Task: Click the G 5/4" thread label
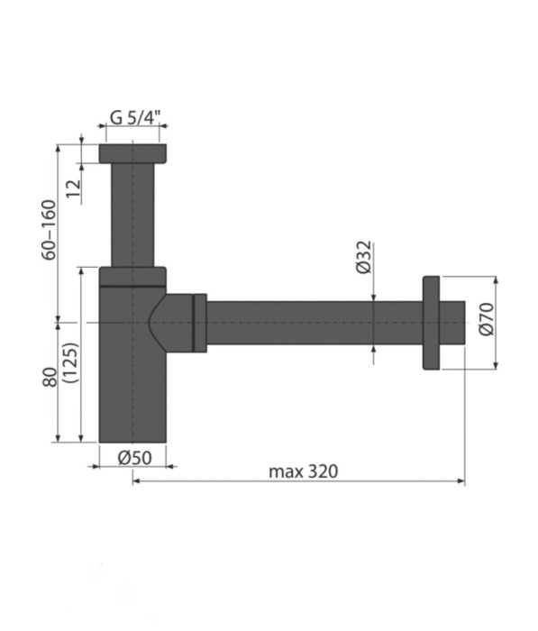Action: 135,117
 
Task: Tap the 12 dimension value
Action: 74,188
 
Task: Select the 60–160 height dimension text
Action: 49,230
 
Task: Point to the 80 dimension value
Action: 50,377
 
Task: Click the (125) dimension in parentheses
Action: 71,362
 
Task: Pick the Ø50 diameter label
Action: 135,458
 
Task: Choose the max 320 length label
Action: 304,471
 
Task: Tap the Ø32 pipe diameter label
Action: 365,257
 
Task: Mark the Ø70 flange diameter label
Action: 487,319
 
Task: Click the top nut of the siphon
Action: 132,153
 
